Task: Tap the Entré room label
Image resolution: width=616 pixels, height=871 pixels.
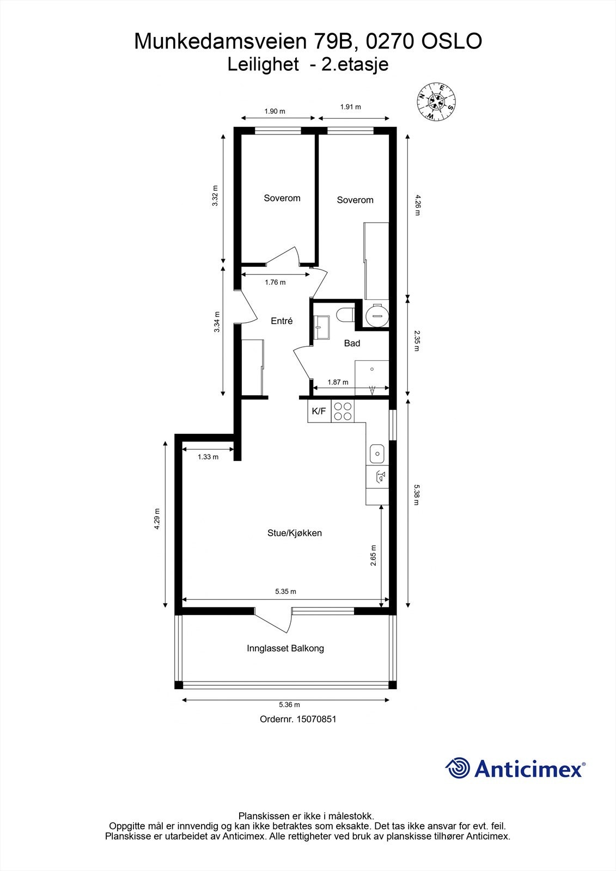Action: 282,321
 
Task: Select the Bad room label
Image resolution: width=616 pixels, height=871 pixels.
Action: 352,343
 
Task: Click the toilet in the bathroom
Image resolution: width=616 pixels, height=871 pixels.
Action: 345,315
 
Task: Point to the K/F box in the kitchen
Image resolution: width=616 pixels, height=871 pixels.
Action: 319,411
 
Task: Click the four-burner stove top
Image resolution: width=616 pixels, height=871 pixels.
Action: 343,411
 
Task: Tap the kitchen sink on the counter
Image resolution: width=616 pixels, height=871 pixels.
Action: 377,452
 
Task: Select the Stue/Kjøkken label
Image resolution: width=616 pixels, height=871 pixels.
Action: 294,533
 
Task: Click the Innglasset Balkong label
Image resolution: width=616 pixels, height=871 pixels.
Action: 285,648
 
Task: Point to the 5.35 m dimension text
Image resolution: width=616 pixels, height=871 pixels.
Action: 285,591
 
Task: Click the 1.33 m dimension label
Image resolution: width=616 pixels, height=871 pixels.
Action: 208,457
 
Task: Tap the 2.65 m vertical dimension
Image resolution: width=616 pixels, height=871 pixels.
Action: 373,556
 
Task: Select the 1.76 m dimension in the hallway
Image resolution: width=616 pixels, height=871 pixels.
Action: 275,282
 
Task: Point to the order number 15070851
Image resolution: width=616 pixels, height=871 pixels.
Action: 298,719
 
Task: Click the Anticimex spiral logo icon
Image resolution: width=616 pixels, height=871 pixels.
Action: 458,768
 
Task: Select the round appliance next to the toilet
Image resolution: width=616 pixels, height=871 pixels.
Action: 377,315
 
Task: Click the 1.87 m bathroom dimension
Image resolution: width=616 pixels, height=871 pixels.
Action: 338,382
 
